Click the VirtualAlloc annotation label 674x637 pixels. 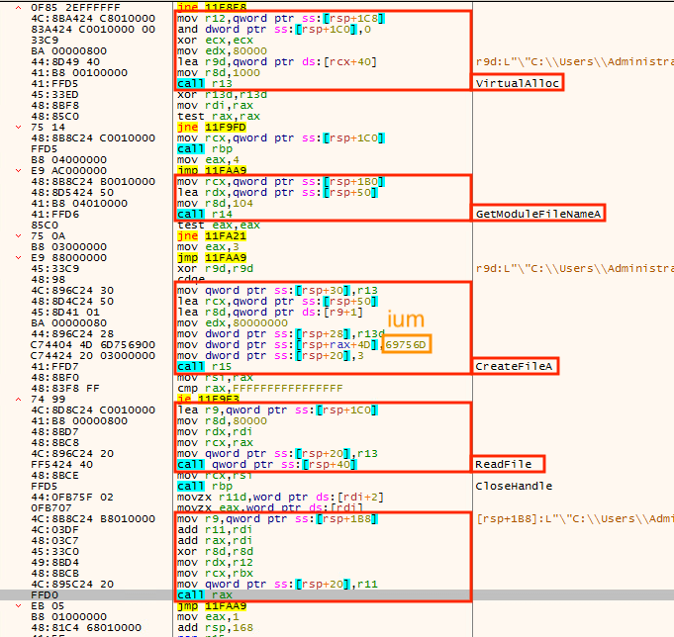517,83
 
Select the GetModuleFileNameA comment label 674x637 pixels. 538,214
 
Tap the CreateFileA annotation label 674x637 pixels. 514,366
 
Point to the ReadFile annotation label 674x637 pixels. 504,464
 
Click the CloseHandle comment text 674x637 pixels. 514,487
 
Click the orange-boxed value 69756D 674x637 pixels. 406,344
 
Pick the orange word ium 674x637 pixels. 406,319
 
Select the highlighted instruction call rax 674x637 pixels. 205,594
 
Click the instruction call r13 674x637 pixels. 205,83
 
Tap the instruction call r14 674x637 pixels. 205,214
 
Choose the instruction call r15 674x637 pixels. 205,366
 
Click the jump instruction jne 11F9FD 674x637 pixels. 212,128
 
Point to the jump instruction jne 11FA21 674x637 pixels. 212,235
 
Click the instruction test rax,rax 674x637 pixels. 219,117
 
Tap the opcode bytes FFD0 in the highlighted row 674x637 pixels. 45,594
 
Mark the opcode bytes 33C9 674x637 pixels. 45,40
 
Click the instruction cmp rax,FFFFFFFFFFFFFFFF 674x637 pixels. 260,389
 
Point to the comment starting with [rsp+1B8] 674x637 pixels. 575,519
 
